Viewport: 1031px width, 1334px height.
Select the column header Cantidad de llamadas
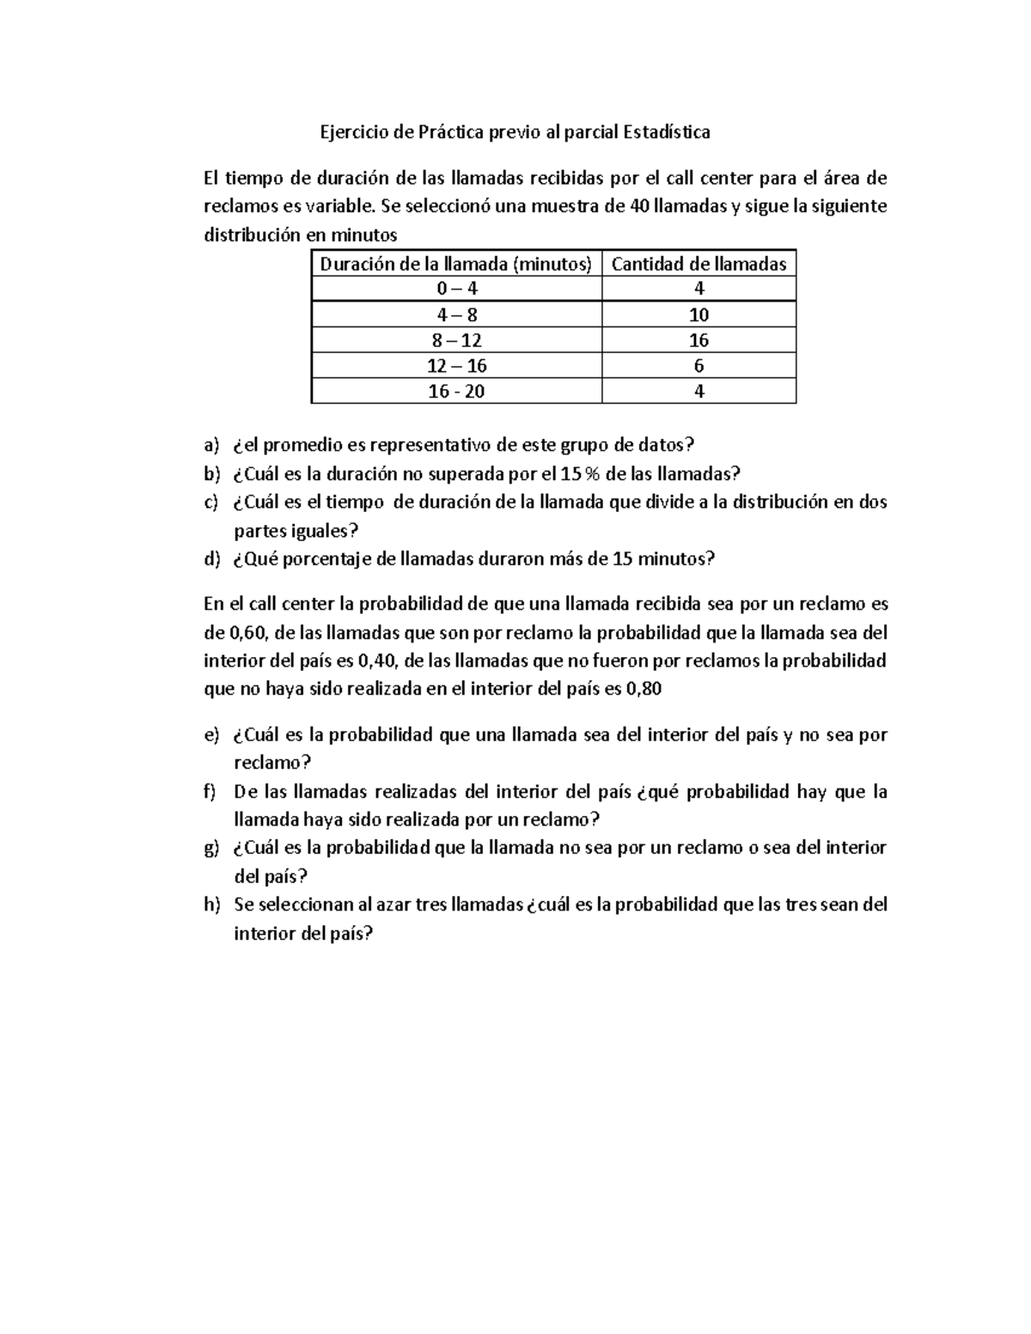(699, 264)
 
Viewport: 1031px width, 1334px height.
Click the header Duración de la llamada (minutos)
(456, 264)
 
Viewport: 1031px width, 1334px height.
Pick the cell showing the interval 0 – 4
(456, 289)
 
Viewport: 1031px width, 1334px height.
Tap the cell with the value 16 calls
(699, 340)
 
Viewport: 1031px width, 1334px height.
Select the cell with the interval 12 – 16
(456, 366)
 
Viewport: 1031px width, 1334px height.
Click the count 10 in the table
(699, 314)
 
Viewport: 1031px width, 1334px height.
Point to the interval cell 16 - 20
(456, 392)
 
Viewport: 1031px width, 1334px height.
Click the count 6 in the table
(699, 366)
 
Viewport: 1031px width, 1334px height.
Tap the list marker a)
(211, 445)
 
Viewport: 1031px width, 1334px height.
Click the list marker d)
(211, 559)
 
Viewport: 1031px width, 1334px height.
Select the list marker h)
(211, 905)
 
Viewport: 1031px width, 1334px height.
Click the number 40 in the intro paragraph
(639, 207)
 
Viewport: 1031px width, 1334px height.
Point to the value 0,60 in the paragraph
(249, 633)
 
